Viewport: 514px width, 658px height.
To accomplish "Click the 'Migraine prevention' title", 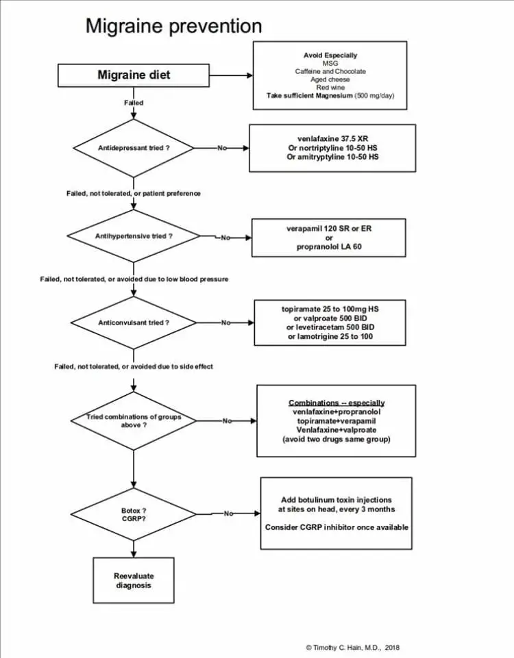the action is [174, 26].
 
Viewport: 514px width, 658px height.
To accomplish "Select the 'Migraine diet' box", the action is [134, 75].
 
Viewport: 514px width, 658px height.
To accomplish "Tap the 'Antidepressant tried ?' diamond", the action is [134, 148].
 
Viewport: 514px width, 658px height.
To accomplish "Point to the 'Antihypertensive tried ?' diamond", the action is [134, 236].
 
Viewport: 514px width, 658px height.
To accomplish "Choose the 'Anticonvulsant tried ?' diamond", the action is [134, 322].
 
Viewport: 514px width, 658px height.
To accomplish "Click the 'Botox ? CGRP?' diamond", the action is [134, 514].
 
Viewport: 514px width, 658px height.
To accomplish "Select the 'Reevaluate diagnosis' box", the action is [134, 581].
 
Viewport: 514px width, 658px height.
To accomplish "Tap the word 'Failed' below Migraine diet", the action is [134, 103].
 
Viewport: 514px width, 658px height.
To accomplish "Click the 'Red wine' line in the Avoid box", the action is [330, 87].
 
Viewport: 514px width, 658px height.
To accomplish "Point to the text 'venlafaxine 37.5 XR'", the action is [332, 139].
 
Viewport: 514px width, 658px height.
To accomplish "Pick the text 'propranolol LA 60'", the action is [329, 246].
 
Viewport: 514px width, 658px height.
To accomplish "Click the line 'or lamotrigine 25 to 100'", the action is [330, 337].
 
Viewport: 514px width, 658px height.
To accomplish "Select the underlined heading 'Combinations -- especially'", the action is [336, 403].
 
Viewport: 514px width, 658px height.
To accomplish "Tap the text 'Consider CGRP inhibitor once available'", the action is [336, 527].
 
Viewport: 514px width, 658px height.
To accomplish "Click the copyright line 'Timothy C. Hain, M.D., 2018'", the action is [353, 648].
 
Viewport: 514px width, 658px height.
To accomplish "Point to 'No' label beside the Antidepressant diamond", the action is [222, 148].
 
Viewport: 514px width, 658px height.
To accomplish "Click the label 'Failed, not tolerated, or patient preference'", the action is [134, 194].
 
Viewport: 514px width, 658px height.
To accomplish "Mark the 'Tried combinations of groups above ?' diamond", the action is [134, 421].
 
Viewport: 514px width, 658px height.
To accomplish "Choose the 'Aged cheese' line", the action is [330, 79].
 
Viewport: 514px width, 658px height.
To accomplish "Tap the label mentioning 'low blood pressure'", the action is [134, 279].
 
